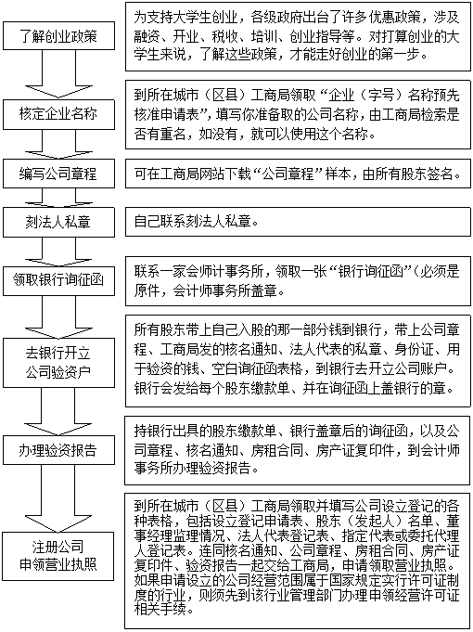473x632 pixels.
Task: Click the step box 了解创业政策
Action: [58, 36]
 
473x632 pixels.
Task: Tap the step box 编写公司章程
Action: [58, 174]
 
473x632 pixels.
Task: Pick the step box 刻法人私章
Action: [58, 222]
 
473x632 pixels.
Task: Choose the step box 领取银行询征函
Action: [58, 280]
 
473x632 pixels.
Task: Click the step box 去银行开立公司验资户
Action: [58, 363]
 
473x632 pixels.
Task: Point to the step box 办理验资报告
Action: [58, 450]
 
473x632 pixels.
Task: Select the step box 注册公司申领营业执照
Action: [58, 556]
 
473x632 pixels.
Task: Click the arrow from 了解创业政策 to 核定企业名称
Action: [58, 74]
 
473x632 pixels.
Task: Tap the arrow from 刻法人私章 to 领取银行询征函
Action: [58, 252]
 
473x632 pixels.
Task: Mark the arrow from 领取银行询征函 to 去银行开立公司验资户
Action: [58, 316]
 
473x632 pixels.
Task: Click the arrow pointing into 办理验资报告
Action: [58, 411]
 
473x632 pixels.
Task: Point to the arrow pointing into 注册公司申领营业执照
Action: [58, 498]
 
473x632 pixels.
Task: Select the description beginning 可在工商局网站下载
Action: [297, 174]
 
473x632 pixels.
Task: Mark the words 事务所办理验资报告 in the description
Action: [192, 469]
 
